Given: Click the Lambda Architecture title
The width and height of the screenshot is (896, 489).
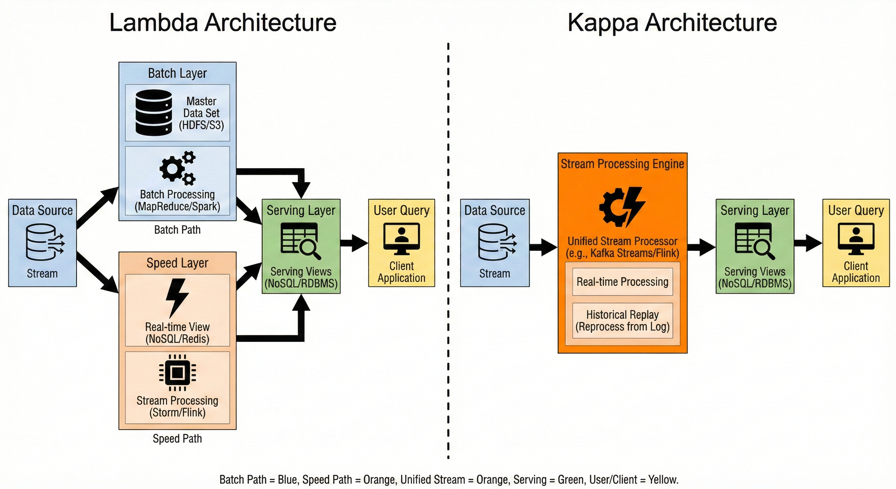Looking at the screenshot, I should coord(223,23).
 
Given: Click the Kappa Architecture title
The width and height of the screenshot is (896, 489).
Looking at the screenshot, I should coord(672,23).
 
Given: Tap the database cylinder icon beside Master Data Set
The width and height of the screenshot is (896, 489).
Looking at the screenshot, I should coord(153,112).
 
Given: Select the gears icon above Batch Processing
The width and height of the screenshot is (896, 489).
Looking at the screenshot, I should coord(178,168).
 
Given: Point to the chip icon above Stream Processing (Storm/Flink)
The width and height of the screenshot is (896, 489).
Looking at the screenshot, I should coord(178,373).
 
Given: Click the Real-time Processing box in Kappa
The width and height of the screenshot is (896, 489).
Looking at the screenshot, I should coord(622,281).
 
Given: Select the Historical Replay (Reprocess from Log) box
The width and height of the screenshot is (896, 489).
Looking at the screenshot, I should coord(622,321).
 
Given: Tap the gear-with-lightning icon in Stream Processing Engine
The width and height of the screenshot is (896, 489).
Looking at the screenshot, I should coord(622,207).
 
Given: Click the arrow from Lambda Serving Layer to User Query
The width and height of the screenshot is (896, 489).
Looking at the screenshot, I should coord(354,243).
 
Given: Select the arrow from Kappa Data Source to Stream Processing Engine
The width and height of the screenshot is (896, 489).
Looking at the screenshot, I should coord(543,247).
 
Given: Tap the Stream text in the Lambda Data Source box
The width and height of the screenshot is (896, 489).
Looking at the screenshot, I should coord(42,273).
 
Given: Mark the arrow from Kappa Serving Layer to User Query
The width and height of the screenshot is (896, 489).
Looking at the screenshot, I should coord(808,243).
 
